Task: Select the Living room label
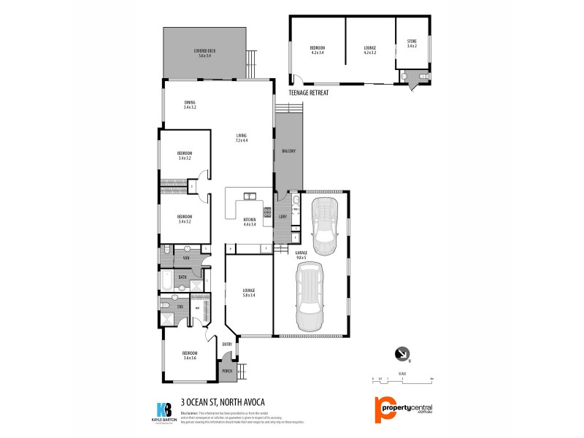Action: click(x=242, y=138)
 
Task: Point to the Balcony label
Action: click(x=288, y=151)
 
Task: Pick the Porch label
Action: click(x=227, y=371)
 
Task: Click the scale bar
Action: click(x=402, y=380)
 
